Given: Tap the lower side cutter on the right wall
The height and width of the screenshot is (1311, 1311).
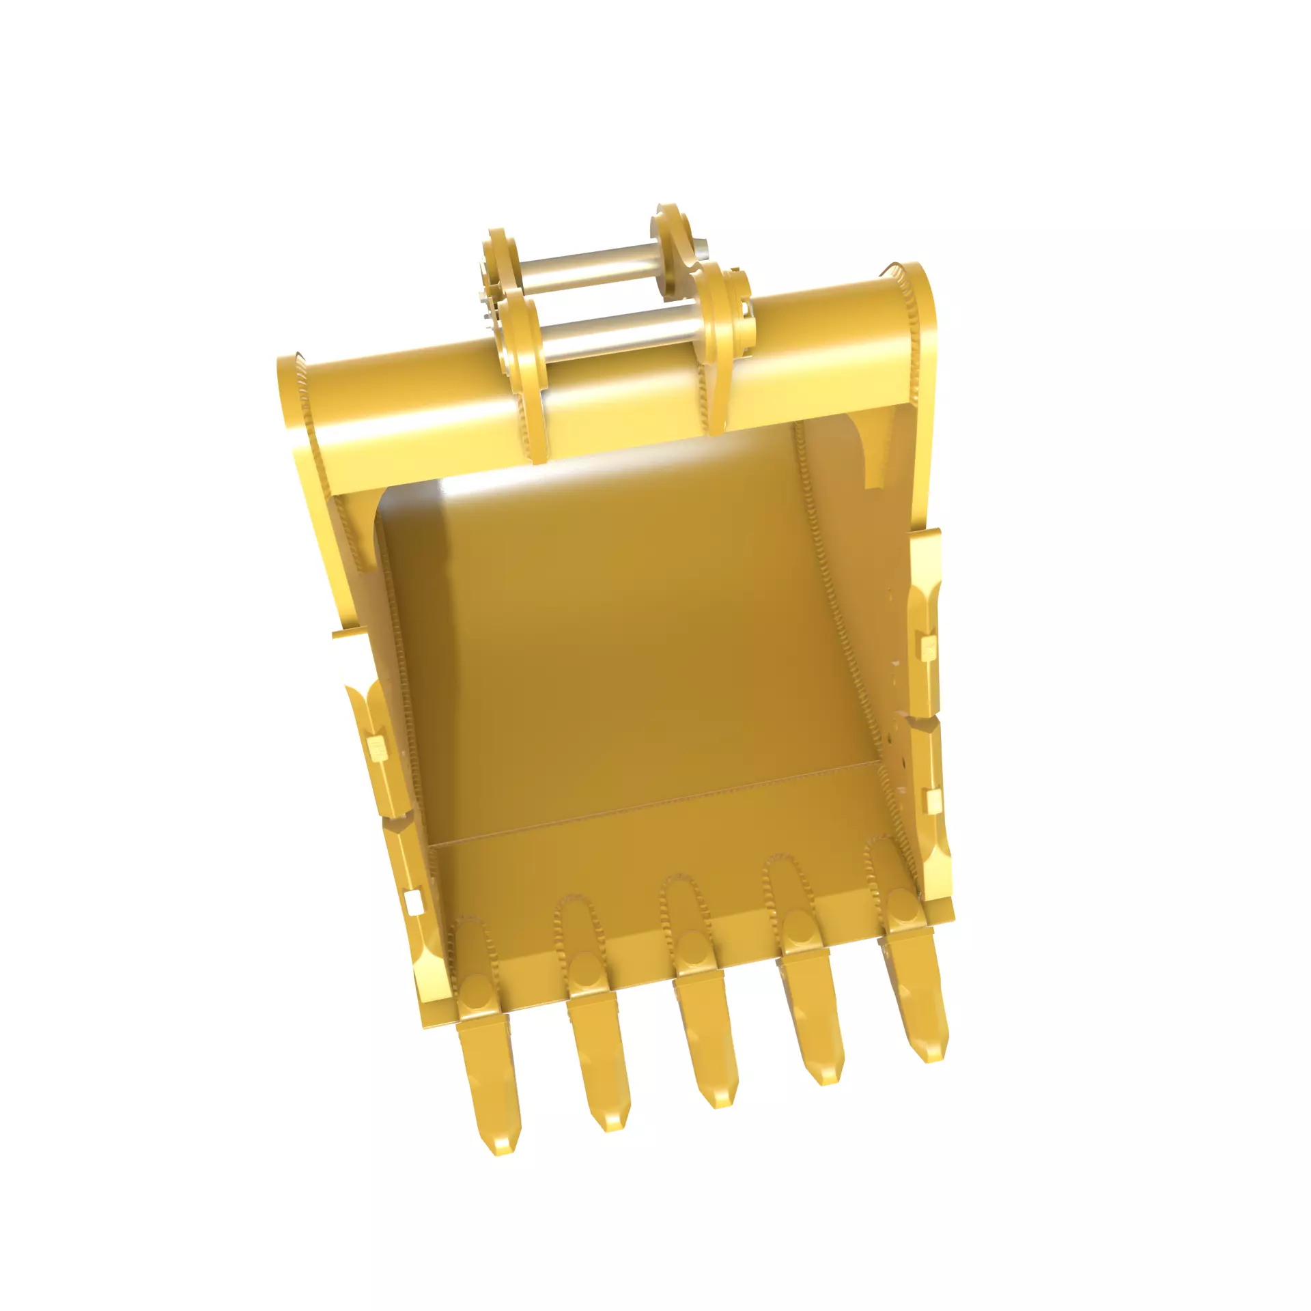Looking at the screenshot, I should [930, 785].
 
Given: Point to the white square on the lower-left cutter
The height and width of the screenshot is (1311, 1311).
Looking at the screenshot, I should [412, 903].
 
